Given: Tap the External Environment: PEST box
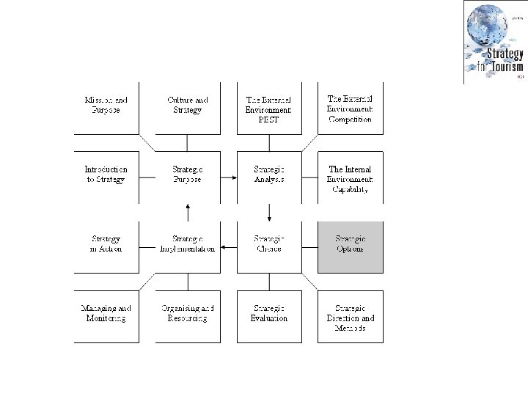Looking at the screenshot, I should pyautogui.click(x=268, y=109).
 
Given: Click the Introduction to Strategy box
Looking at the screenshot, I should pyautogui.click(x=106, y=175).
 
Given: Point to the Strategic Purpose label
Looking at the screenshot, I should pyautogui.click(x=188, y=175).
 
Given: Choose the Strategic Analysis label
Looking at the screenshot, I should pyautogui.click(x=268, y=175).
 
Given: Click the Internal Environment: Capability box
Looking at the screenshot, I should pyautogui.click(x=350, y=179).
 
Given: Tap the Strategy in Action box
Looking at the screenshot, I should pyautogui.click(x=106, y=244).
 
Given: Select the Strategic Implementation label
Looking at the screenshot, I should pyautogui.click(x=188, y=244).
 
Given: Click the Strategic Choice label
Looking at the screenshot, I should pyautogui.click(x=268, y=244).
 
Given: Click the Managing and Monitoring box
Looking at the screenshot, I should pyautogui.click(x=106, y=314).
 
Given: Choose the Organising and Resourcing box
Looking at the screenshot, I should pyautogui.click(x=188, y=314).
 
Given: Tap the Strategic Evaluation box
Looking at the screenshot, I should pyautogui.click(x=268, y=314).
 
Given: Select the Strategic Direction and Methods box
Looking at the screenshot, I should pyautogui.click(x=350, y=318).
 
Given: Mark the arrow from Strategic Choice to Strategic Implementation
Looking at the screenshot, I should pyautogui.click(x=228, y=246).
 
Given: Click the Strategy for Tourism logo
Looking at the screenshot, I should pyautogui.click(x=494, y=43).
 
